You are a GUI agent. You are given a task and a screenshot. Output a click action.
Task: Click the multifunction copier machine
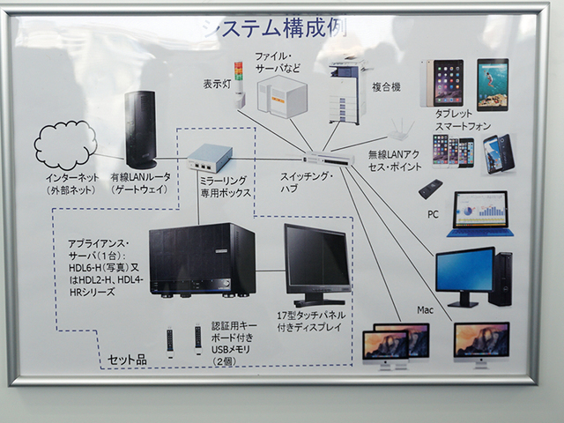[x=347, y=91]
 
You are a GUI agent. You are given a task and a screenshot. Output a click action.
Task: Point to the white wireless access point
[x=401, y=130]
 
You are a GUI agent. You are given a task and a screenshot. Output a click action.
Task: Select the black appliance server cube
[x=202, y=259]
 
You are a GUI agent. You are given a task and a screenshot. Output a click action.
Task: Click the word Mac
[x=426, y=312]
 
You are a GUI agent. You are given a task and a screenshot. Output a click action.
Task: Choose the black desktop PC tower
[x=500, y=278]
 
